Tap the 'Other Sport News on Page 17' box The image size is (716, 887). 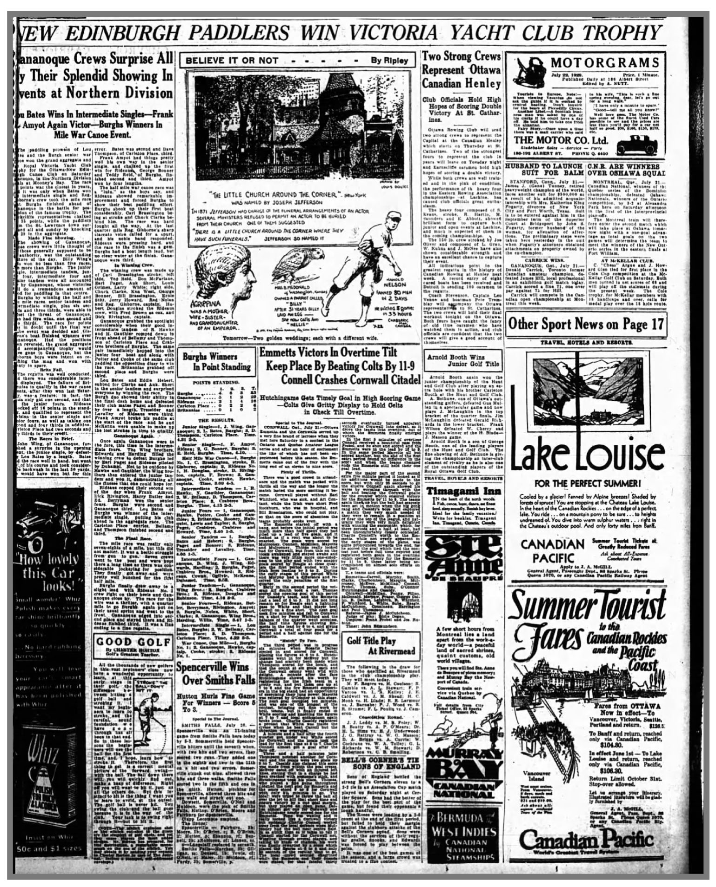(586, 324)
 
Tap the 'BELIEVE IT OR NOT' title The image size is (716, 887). (232, 60)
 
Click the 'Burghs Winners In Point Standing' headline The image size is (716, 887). (216, 362)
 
